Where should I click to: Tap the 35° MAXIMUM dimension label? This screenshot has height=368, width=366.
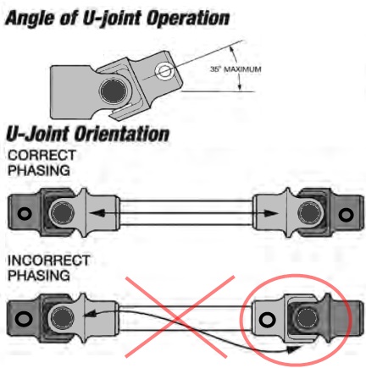pos(236,69)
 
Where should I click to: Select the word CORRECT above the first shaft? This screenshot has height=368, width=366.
pos(42,156)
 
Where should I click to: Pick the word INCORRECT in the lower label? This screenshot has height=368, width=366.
pos(49,261)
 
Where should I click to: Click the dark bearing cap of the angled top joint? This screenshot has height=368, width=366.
pos(114,91)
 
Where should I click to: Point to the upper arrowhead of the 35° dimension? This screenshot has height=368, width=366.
pos(232,50)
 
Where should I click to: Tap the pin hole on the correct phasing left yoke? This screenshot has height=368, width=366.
pos(25,213)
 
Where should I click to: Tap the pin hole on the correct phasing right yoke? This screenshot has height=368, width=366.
pos(346,215)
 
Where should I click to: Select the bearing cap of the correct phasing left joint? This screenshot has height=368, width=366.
pos(62,212)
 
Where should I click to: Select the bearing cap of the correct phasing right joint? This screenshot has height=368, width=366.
pos(310,212)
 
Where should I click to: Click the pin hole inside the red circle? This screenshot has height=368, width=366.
pos(267,320)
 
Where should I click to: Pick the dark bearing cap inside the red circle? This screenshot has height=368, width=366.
pos(306,319)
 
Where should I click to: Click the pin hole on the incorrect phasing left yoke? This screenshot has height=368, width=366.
pos(23,319)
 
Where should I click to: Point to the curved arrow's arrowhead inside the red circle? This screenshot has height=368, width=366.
pos(295,349)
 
